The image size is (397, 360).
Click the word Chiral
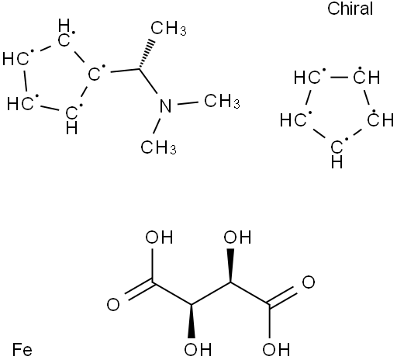pos(350,9)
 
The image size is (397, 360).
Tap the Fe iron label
pos(22,350)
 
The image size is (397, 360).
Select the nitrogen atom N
pos(165,106)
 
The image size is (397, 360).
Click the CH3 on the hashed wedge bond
pos(168,29)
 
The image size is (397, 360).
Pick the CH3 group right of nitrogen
pos(222,101)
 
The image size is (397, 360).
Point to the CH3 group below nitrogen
pos(159,147)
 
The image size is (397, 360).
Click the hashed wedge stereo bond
pos(147,54)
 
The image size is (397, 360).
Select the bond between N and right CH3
pos(188,103)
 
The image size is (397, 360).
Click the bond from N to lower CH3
pos(157,126)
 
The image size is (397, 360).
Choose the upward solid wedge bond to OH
pos(230,265)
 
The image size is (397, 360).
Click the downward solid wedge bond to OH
pos(192,321)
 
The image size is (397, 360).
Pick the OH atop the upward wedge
pos(237,237)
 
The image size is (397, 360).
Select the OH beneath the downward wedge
pos(198,349)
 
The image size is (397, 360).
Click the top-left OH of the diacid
pos(159,237)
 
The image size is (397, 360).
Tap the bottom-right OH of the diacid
pos(276,349)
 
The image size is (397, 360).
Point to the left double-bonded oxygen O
pos(113,304)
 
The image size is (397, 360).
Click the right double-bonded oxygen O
pos(309,282)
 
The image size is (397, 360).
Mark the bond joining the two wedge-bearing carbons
pos(211,293)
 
